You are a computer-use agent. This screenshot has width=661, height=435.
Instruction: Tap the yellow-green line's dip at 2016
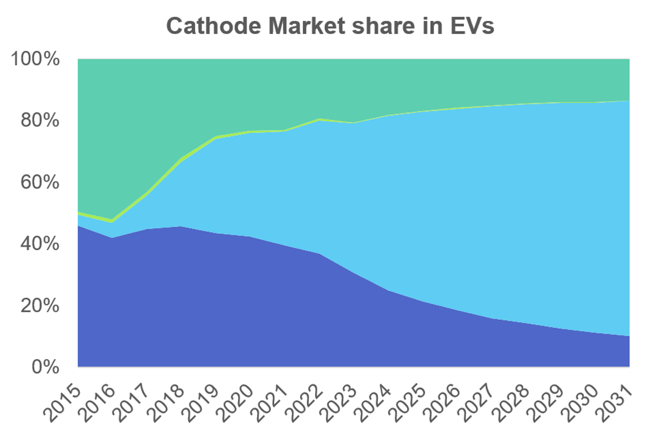112,221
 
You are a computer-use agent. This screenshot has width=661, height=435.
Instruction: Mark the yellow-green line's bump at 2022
319,119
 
